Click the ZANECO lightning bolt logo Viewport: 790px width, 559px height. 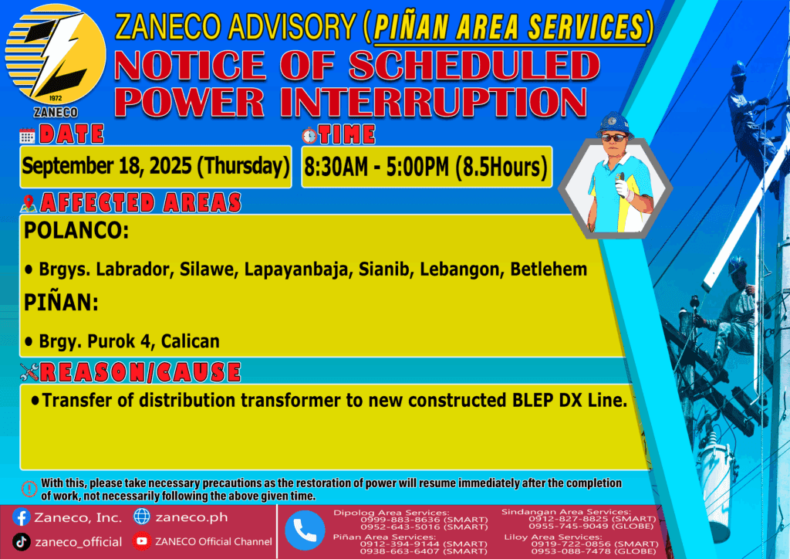(56, 56)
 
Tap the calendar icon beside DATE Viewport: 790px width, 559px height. (27, 136)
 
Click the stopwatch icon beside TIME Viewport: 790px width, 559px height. (309, 135)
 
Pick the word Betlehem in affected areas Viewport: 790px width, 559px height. (549, 269)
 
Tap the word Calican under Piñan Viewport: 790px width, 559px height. (191, 341)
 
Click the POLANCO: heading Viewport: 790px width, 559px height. (76, 231)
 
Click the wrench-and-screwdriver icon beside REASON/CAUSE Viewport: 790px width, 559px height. (29, 372)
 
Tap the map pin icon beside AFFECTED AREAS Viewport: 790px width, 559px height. (29, 203)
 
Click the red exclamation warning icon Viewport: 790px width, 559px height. (29, 489)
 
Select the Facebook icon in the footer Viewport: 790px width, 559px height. (21, 517)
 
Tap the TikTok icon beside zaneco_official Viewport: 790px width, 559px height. (21, 542)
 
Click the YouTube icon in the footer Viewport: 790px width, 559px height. (142, 541)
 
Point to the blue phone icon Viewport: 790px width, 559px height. (305, 530)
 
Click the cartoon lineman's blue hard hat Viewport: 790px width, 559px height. (613, 124)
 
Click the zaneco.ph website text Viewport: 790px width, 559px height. (191, 517)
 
